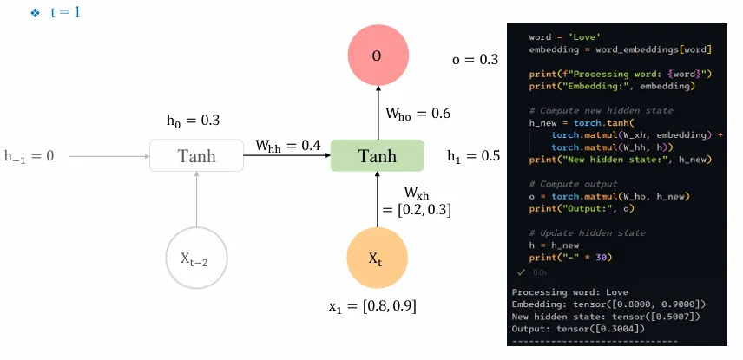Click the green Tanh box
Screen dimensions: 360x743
(x=377, y=156)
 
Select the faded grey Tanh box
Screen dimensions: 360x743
(x=197, y=156)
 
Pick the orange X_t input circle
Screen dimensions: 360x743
(x=377, y=259)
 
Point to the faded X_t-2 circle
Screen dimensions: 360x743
(x=197, y=259)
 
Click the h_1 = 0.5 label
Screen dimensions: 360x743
(x=472, y=156)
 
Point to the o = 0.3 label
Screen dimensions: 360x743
(x=476, y=59)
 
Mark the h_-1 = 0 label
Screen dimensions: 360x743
(x=29, y=156)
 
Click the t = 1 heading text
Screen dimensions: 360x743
(x=66, y=14)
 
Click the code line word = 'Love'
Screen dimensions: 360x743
(x=560, y=37)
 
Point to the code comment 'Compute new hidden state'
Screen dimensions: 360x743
(x=600, y=111)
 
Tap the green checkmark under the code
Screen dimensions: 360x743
(x=521, y=272)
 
